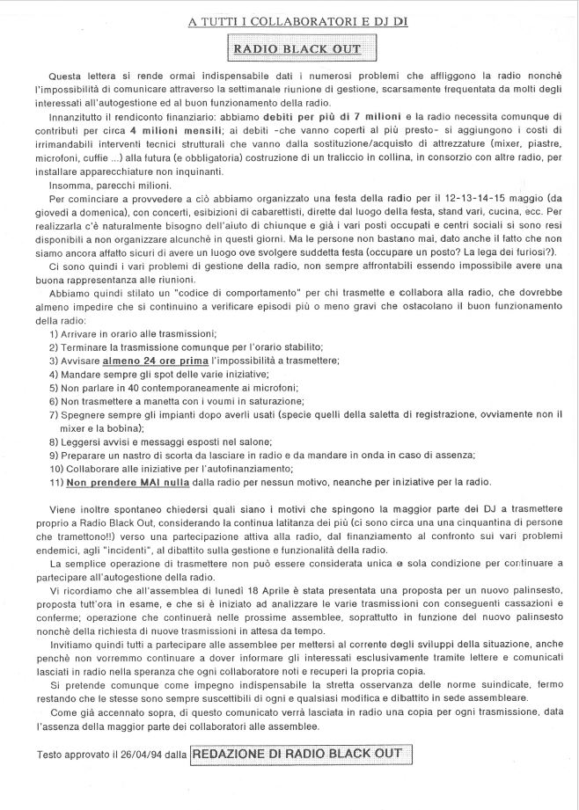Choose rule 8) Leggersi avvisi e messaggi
point(162,441)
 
